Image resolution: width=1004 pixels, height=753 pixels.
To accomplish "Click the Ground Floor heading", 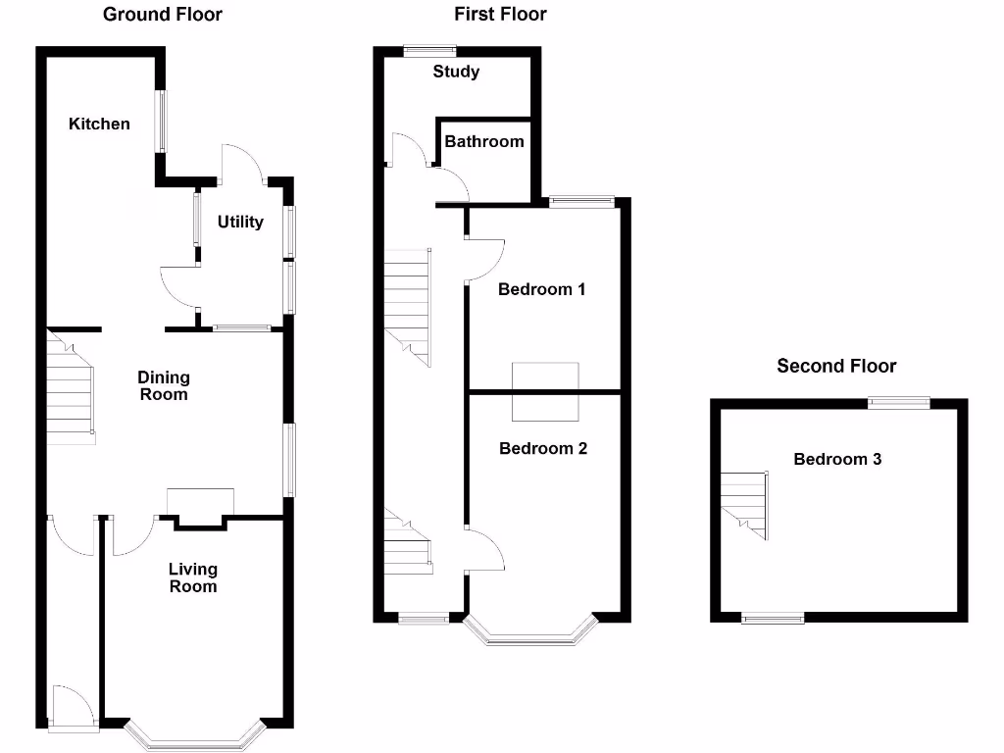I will coord(162,15).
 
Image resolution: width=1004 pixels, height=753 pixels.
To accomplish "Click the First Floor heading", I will coord(500,15).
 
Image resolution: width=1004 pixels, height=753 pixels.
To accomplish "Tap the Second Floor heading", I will coord(836,366).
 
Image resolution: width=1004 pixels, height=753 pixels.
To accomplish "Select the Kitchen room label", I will coord(99,124).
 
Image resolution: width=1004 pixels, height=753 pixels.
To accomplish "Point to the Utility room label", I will coord(240,222).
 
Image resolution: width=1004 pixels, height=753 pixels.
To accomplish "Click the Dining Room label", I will coord(164,385).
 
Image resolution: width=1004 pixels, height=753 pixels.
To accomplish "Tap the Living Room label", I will coord(193,577).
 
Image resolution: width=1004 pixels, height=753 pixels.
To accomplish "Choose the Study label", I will coord(456,72).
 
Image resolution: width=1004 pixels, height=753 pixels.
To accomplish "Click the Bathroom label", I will coord(484,141).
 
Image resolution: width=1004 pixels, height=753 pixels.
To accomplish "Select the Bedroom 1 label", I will coord(541,289).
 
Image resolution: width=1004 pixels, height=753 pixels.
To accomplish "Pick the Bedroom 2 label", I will coord(543,448).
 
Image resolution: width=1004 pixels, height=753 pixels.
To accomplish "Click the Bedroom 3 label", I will coord(837,459).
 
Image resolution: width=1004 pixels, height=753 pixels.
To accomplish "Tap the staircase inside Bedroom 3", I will coord(745,502).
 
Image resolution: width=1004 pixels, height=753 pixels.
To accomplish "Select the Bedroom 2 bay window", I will coord(531,635).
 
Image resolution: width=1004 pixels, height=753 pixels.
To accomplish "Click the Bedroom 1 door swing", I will coord(485,260).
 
